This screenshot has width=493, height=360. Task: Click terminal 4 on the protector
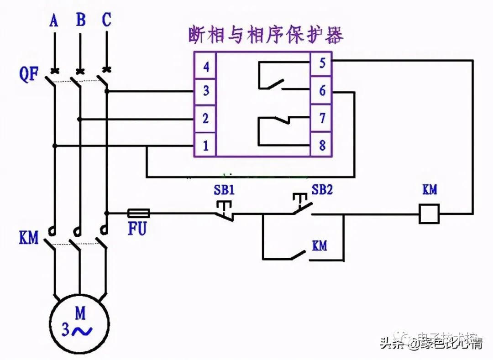pyautogui.click(x=206, y=67)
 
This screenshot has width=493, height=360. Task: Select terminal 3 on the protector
pyautogui.click(x=206, y=91)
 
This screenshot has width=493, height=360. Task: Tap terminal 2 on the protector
pyautogui.click(x=206, y=119)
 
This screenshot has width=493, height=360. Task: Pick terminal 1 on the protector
pyautogui.click(x=206, y=146)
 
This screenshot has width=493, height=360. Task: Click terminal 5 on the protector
pyautogui.click(x=322, y=63)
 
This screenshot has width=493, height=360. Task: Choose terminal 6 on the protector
pyautogui.click(x=322, y=91)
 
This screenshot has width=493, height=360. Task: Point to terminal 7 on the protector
pyautogui.click(x=322, y=118)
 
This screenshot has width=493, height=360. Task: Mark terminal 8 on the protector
pyautogui.click(x=322, y=146)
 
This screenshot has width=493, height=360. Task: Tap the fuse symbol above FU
pyautogui.click(x=138, y=213)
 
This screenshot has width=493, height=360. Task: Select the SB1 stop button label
pyautogui.click(x=224, y=190)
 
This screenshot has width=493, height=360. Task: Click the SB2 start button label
pyautogui.click(x=322, y=190)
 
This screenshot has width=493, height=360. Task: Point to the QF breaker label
pyautogui.click(x=28, y=74)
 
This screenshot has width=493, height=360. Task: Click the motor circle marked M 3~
pyautogui.click(x=80, y=321)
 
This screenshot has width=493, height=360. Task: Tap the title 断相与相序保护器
pyautogui.click(x=266, y=36)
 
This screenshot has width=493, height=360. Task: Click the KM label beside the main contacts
pyautogui.click(x=28, y=238)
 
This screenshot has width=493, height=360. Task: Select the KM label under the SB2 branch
pyautogui.click(x=320, y=245)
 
